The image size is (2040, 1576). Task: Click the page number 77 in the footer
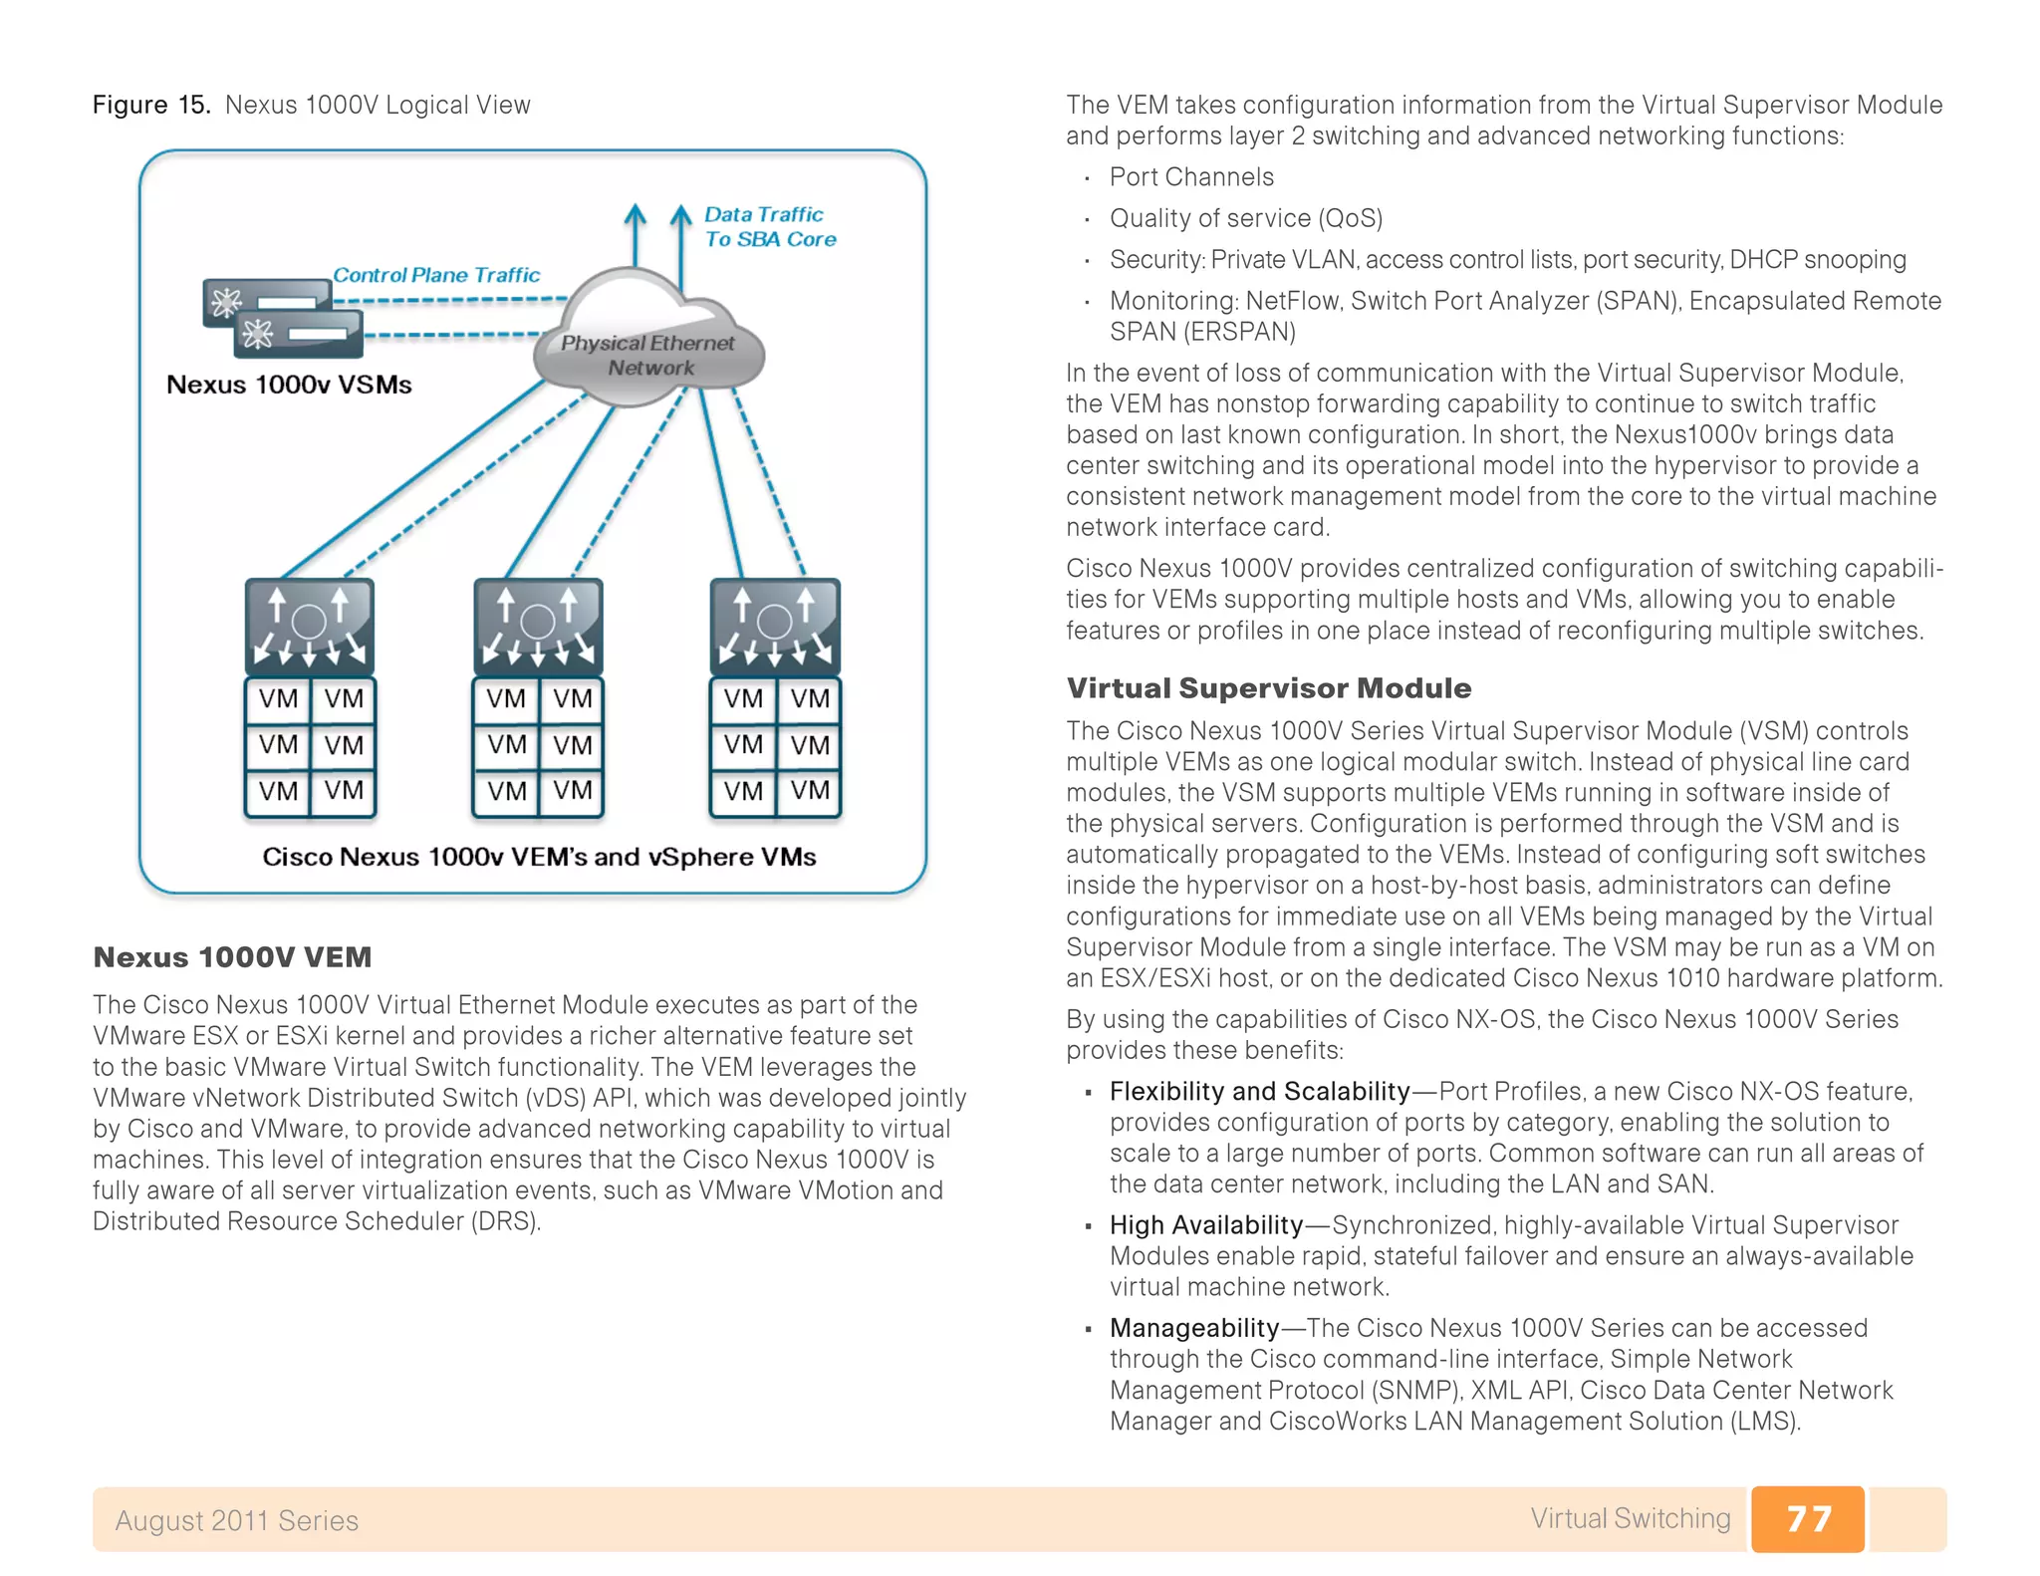pyautogui.click(x=1807, y=1518)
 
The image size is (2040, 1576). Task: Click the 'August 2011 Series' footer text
pyautogui.click(x=236, y=1520)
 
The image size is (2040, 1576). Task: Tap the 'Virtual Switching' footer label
pyautogui.click(x=1630, y=1518)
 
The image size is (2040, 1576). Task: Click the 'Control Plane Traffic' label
pyautogui.click(x=436, y=275)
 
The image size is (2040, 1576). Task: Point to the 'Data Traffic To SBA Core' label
pyautogui.click(x=769, y=227)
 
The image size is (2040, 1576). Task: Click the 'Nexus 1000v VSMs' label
pyautogui.click(x=289, y=385)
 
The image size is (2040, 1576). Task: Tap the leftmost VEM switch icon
pyautogui.click(x=310, y=626)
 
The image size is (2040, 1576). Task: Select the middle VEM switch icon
pyautogui.click(x=538, y=626)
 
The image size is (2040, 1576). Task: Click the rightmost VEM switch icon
pyautogui.click(x=775, y=626)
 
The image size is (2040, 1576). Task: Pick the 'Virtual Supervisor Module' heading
pyautogui.click(x=1268, y=688)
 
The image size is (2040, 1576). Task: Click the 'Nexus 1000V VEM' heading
pyautogui.click(x=232, y=957)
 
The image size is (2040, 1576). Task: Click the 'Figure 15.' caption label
pyautogui.click(x=151, y=105)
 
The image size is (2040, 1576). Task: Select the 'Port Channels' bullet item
pyautogui.click(x=1191, y=177)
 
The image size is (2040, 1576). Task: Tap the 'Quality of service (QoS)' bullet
pyautogui.click(x=1246, y=218)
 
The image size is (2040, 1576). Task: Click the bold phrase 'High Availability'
pyautogui.click(x=1206, y=1225)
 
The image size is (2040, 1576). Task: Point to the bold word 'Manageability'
pyautogui.click(x=1194, y=1328)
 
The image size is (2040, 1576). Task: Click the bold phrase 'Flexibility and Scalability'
pyautogui.click(x=1259, y=1092)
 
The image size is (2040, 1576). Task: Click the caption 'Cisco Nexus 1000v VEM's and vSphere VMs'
pyautogui.click(x=539, y=857)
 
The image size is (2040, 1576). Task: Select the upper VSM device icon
pyautogui.click(x=266, y=302)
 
